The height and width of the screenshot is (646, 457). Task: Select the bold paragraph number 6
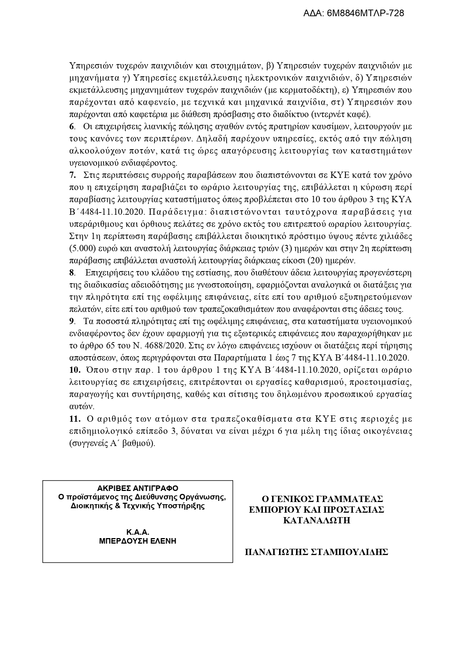coord(71,127)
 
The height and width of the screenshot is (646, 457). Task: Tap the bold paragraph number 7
coord(72,175)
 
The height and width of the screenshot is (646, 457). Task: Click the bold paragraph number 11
coord(74,419)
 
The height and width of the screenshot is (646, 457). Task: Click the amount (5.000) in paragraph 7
coord(81,248)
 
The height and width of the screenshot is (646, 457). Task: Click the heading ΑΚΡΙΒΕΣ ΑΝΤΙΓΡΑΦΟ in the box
coord(137,488)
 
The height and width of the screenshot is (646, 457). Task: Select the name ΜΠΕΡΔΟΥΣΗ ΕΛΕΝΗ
coord(137,541)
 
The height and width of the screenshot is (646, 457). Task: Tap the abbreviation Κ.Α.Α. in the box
coord(137,532)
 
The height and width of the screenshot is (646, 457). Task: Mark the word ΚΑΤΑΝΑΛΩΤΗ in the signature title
coord(316,520)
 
